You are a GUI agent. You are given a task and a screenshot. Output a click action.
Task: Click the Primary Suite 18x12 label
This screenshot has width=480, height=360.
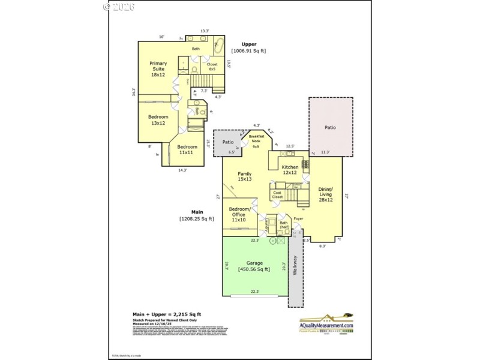coord(158,69)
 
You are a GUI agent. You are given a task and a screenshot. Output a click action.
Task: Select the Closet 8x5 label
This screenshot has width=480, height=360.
coord(212,67)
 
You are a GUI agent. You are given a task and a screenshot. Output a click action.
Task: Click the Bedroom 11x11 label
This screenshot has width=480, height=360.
coord(187,149)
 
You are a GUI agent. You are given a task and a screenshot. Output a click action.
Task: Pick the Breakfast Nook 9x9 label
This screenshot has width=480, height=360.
coord(256,142)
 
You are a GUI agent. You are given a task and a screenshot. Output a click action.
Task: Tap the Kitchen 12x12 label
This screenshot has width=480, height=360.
coord(290,170)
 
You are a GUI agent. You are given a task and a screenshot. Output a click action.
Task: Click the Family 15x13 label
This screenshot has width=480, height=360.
coord(244,176)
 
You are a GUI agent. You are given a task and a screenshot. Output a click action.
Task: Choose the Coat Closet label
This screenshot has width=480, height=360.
coord(277,194)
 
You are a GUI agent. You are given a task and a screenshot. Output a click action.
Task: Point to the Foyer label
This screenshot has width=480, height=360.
coord(298,219)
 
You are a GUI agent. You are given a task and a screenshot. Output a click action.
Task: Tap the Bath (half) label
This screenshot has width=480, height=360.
coord(284,225)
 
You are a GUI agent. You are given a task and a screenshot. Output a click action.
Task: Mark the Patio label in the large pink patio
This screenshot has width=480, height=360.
coord(331,127)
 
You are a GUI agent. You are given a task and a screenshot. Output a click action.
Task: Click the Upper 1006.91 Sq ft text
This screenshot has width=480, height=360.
coord(248,47)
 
